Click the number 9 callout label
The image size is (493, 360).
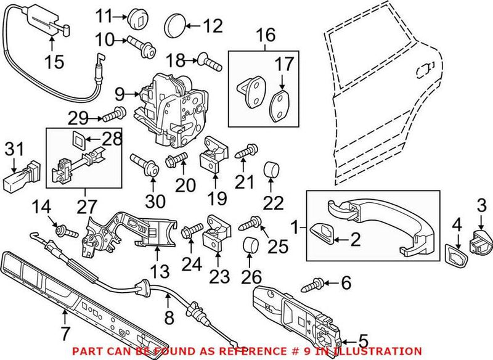coord(120,95)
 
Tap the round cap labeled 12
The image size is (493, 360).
coord(177,27)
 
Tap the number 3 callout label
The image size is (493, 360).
coord(483,204)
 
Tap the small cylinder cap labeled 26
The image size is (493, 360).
coord(250,246)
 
